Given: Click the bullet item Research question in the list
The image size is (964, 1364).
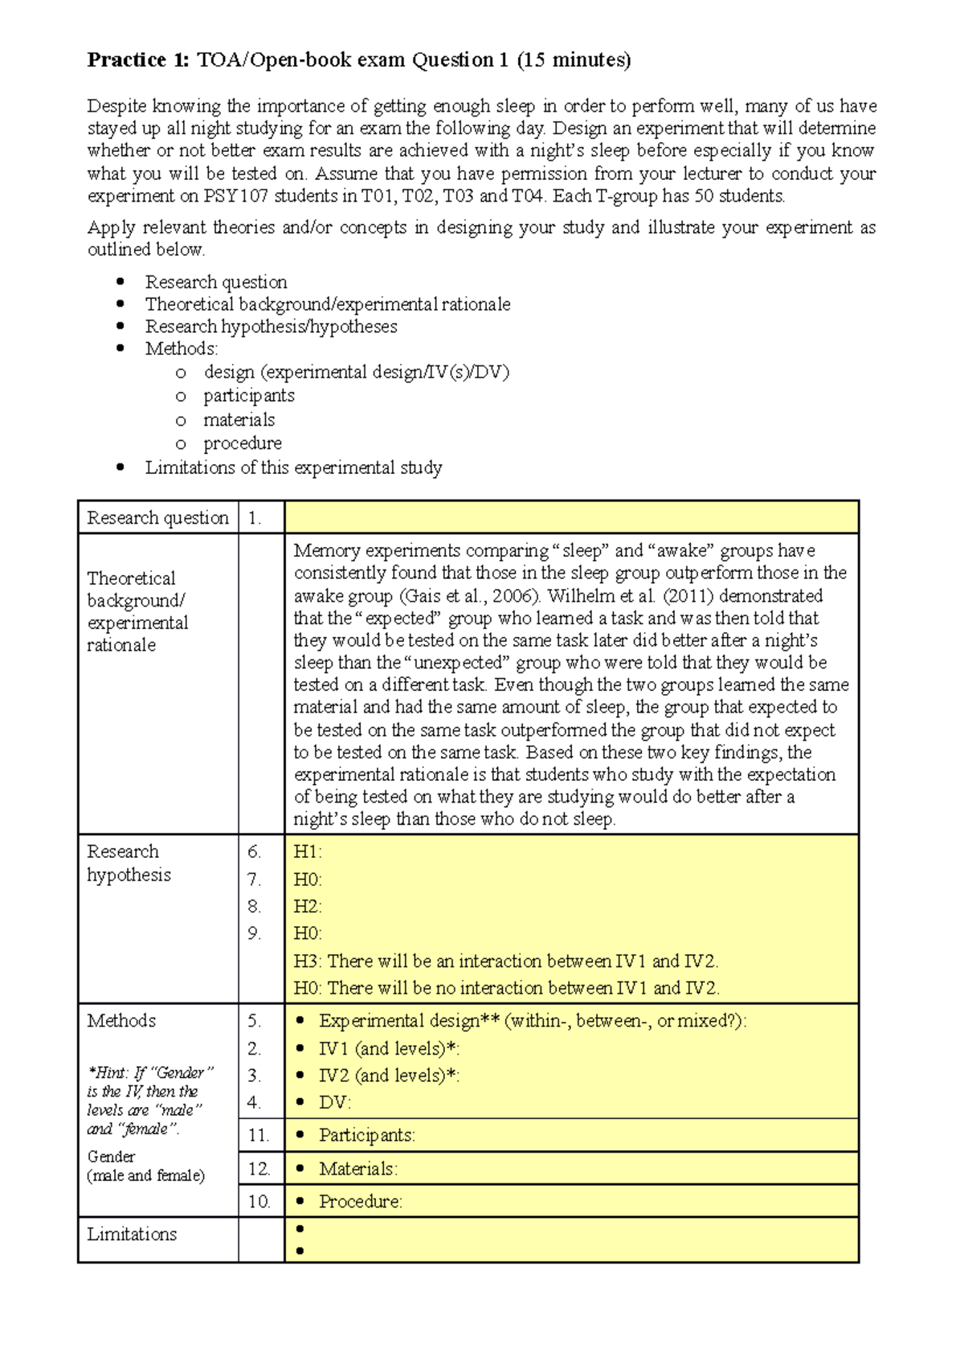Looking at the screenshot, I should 215,282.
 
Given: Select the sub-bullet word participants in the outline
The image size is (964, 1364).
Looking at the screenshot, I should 248,396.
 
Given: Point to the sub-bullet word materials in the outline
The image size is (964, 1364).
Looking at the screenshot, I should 239,420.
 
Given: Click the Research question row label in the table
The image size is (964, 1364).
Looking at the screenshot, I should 157,518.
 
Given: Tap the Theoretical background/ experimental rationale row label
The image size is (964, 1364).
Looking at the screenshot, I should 137,611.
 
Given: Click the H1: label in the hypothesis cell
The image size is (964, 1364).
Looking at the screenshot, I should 307,852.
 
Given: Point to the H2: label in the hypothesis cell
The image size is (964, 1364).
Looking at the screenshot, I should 307,907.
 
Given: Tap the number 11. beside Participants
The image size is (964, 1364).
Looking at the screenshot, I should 258,1136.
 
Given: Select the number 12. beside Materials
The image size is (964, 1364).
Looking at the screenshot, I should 259,1169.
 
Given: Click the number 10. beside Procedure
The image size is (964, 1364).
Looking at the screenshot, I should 259,1202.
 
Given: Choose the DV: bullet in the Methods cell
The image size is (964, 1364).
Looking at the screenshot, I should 335,1103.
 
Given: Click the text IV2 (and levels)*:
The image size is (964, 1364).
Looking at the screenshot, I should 389,1076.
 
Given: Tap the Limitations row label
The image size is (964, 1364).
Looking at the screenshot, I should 132,1235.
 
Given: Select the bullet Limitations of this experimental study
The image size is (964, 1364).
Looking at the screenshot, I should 293,468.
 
